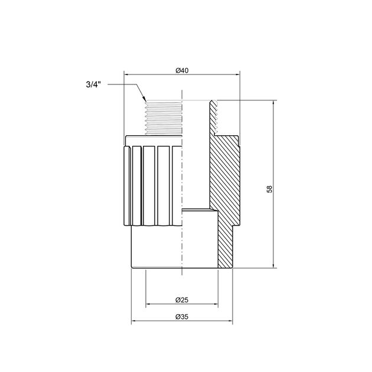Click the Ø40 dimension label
tap(182, 70)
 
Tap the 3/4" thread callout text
tap(93, 84)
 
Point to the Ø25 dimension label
tap(182, 300)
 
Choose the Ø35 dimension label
tap(182, 316)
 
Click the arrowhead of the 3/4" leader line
tap(144, 99)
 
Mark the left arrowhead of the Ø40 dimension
tap(126, 74)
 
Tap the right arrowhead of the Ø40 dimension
tap(237, 74)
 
